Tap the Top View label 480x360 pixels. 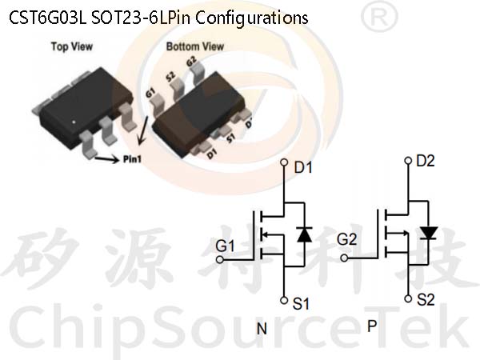[x=72, y=46]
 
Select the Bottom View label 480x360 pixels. [x=195, y=46]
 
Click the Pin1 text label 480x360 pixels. [x=132, y=159]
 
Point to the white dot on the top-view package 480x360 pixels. [x=74, y=122]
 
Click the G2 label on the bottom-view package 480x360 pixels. [x=191, y=62]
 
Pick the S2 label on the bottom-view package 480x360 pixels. [x=170, y=77]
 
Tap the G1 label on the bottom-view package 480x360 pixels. [x=150, y=93]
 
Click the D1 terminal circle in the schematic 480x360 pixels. [x=284, y=162]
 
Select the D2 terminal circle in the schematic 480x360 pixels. [x=408, y=161]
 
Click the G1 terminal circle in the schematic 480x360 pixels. [x=220, y=260]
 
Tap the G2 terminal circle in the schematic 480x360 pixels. [x=344, y=258]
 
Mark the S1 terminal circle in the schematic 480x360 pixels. [x=284, y=300]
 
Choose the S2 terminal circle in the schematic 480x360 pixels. [x=408, y=298]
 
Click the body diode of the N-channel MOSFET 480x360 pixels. [x=305, y=234]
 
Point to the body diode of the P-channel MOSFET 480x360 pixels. [x=428, y=233]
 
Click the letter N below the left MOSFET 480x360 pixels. [x=262, y=329]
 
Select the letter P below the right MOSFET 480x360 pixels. [x=372, y=326]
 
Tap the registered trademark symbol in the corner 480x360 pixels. [x=379, y=17]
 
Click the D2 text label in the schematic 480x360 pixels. [x=426, y=161]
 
